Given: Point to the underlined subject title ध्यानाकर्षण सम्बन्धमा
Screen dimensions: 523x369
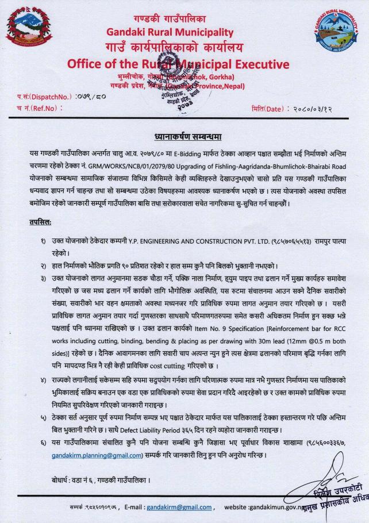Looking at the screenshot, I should (184, 138).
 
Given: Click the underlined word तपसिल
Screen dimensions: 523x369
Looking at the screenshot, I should (40, 222).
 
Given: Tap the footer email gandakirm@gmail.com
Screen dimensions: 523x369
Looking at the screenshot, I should (178, 508).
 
